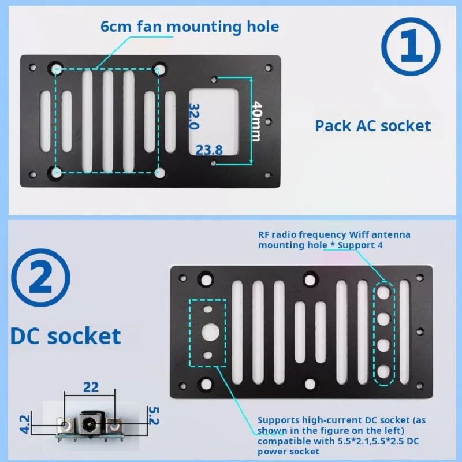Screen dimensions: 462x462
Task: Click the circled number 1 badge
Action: coord(411,47)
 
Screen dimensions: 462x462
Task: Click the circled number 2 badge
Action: coord(40,278)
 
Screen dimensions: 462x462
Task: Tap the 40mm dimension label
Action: coord(256,121)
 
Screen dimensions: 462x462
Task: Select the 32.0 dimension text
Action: coord(194,116)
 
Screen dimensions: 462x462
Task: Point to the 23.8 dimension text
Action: coord(209,150)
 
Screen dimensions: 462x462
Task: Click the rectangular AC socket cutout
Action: coord(213,122)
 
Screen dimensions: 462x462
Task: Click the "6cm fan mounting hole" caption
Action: coord(189,27)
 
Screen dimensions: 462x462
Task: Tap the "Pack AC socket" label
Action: coord(373,126)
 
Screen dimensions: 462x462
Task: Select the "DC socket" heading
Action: coord(65,336)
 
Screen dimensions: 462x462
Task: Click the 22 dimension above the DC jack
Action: coord(91,387)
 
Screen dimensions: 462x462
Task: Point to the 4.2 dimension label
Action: coord(25,424)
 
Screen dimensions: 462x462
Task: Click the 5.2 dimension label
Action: coord(154,416)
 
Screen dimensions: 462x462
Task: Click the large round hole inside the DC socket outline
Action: coord(210,332)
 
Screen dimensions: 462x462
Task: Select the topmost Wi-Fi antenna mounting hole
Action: coord(383,292)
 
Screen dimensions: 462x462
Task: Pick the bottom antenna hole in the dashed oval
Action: coord(383,372)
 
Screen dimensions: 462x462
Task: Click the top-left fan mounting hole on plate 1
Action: coord(55,69)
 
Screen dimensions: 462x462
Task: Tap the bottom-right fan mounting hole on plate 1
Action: coord(160,173)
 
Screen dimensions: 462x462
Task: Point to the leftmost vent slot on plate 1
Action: coord(46,121)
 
